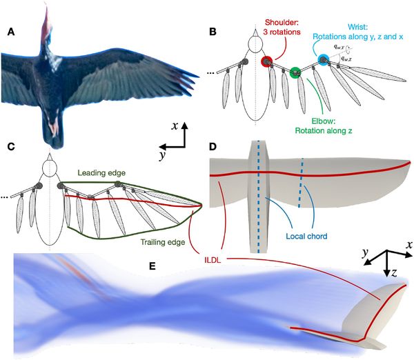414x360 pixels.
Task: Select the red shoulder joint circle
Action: [267, 63]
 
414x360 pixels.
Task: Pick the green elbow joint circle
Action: [296, 71]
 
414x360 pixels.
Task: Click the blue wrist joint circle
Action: [322, 59]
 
